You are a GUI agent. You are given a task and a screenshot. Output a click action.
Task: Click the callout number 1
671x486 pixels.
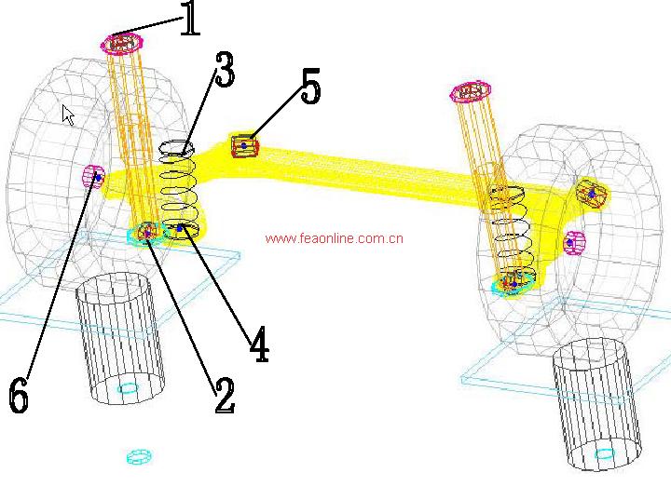190,19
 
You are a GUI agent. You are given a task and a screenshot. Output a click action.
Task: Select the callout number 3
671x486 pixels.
224,70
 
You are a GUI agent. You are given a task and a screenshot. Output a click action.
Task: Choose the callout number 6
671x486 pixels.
19,398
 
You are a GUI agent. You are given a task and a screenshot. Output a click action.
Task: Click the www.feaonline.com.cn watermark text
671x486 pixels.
334,238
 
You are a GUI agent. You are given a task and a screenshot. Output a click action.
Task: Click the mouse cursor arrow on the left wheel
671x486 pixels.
68,114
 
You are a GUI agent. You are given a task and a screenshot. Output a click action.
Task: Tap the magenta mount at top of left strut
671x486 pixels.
122,43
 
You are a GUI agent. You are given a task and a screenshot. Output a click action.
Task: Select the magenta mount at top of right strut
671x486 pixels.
471,90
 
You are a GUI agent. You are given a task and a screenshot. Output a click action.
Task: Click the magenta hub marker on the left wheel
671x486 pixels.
94,175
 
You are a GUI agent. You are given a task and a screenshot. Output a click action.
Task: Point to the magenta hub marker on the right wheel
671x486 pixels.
575,242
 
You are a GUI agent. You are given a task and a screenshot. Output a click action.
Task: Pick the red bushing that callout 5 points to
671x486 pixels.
244,146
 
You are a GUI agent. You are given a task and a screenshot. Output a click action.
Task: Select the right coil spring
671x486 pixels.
509,233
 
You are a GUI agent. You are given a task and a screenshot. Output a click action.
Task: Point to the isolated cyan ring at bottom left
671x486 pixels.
138,455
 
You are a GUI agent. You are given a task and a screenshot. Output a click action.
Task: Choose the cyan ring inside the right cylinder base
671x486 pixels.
605,454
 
